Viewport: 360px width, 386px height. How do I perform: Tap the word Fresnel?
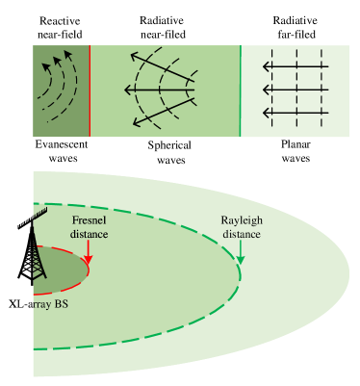click(89, 220)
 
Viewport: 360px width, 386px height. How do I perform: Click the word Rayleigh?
click(241, 220)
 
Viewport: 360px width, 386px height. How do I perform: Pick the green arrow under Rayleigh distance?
click(241, 252)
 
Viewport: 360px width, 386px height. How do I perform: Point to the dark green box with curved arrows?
click(62, 90)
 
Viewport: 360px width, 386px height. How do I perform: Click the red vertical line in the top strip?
click(90, 90)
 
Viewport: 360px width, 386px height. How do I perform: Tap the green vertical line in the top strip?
click(240, 90)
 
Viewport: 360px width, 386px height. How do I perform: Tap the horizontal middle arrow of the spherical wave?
click(159, 90)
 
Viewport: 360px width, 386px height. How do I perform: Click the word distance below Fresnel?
click(89, 234)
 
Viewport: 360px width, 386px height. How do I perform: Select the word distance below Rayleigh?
click(241, 234)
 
